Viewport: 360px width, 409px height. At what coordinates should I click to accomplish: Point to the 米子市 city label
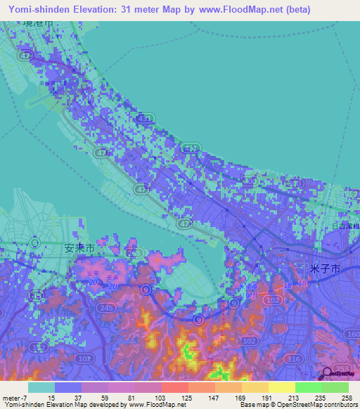coord(325,269)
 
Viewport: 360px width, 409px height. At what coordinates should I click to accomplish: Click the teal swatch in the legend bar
coord(41,387)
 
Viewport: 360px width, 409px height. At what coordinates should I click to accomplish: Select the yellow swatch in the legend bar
coord(281,387)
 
